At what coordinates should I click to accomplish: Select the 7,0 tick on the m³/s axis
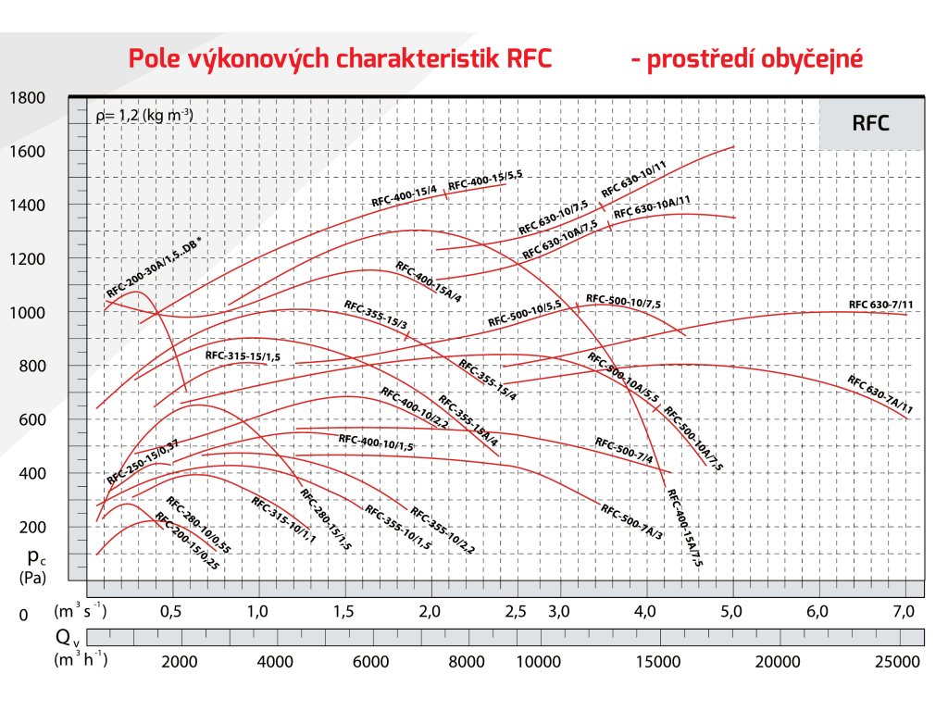(903, 611)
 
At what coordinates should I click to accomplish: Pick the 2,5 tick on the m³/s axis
(516, 611)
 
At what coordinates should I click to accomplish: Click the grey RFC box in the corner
(870, 123)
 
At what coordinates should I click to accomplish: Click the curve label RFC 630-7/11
(880, 305)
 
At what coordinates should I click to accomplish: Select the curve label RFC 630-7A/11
(879, 394)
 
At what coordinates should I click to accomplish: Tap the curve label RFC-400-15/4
(404, 196)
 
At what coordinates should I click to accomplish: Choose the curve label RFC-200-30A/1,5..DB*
(154, 268)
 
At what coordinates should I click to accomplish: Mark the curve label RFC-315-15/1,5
(243, 355)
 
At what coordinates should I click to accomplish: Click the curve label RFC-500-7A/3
(631, 522)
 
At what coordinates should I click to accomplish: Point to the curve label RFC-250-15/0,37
(142, 463)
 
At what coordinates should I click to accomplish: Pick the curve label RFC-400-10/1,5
(375, 443)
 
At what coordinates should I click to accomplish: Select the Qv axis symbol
(63, 637)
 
